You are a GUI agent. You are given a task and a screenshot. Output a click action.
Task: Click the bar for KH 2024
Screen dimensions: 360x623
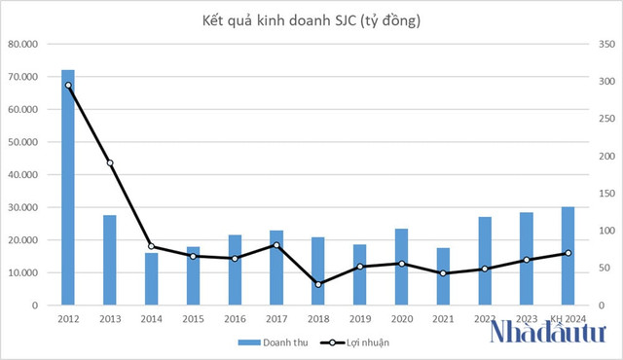568,256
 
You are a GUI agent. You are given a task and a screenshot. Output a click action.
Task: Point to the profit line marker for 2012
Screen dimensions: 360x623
68,86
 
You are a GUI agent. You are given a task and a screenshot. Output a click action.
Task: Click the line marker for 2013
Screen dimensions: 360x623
110,162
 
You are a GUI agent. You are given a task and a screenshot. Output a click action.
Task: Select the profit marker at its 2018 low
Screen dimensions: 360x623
318,284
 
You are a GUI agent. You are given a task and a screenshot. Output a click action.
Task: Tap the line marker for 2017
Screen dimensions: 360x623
276,245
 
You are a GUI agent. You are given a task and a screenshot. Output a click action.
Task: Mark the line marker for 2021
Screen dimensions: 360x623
443,273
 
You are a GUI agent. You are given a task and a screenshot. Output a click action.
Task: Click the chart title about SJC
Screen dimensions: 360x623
311,18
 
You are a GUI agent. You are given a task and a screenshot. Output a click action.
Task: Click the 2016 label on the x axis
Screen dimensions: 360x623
235,318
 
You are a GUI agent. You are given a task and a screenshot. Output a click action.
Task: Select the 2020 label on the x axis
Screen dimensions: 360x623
401,318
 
